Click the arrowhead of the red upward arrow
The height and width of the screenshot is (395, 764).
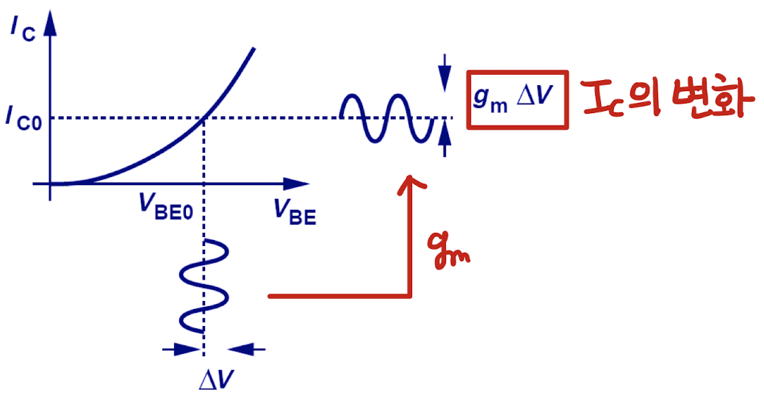(x=409, y=184)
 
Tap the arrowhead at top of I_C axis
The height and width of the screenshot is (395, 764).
(x=49, y=26)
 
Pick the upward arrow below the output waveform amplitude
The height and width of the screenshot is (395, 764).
(x=444, y=143)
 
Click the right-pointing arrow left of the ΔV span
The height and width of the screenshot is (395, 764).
(x=181, y=350)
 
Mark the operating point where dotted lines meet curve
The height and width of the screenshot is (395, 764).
(x=203, y=118)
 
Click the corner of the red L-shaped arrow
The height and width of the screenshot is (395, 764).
(x=409, y=296)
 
